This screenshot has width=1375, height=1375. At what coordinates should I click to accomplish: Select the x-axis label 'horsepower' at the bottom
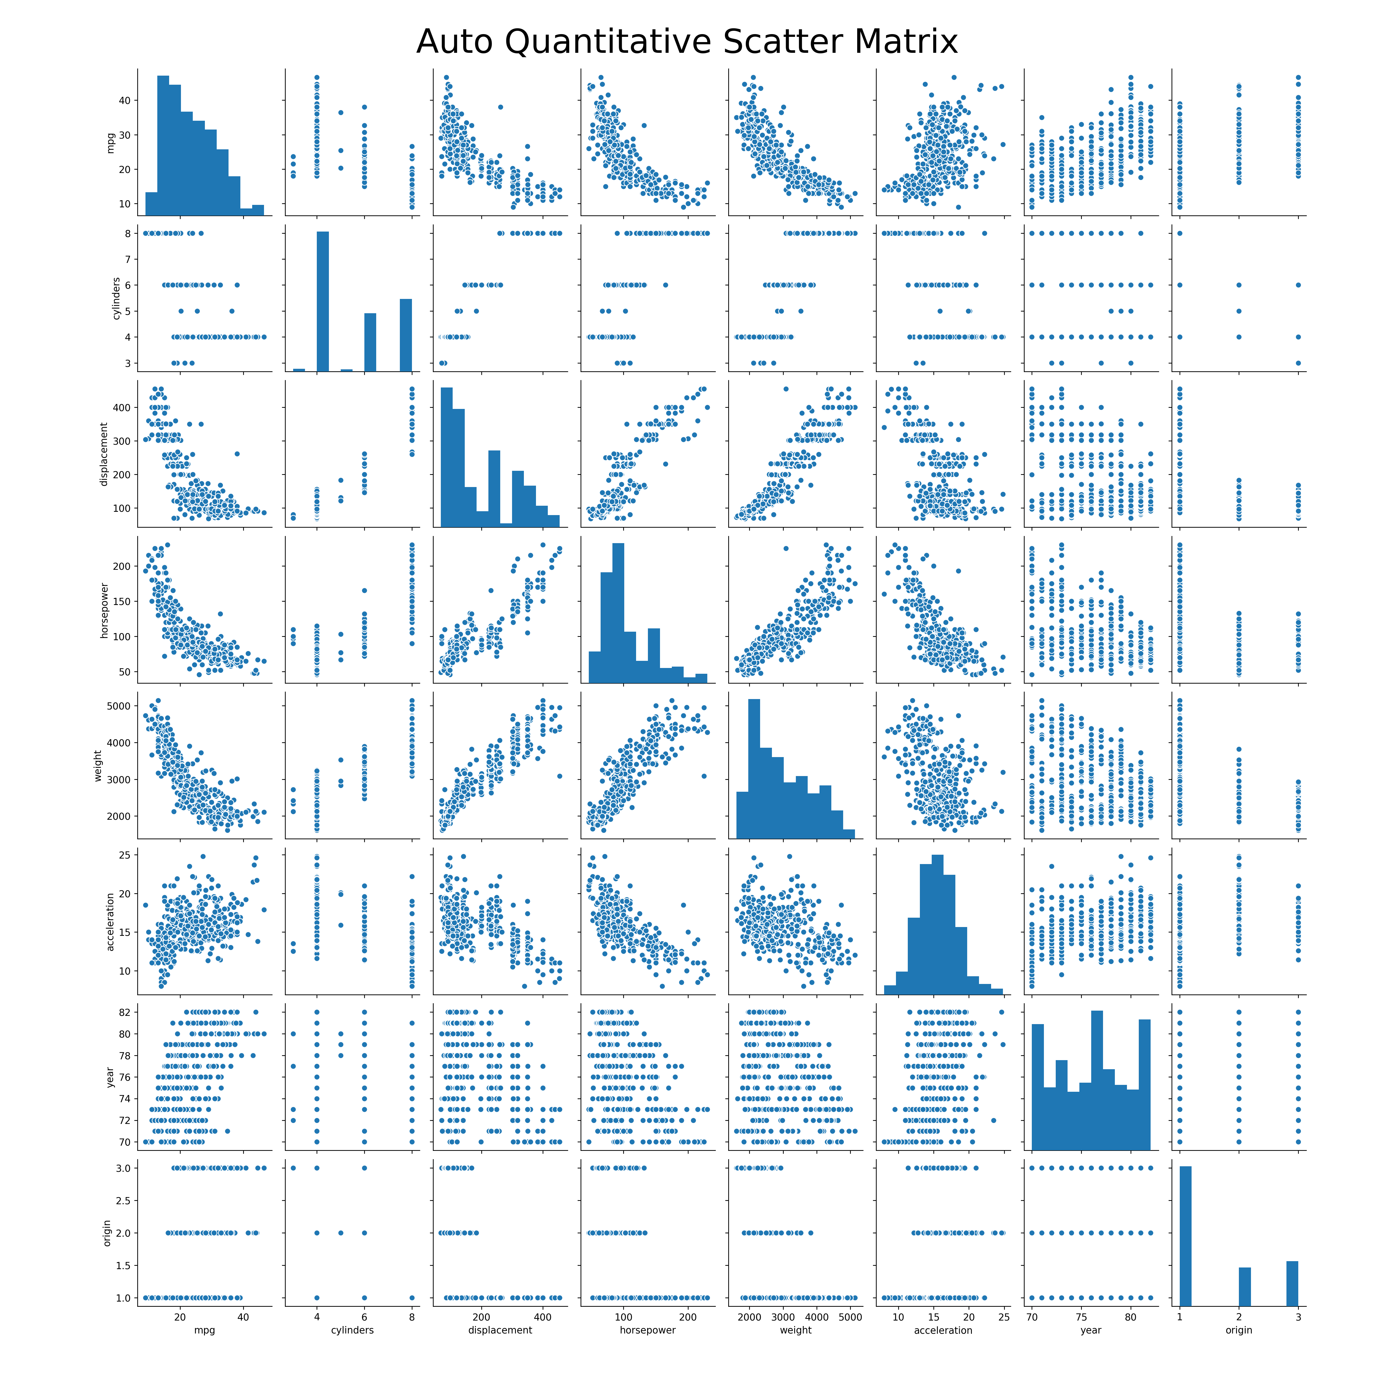pyautogui.click(x=648, y=1329)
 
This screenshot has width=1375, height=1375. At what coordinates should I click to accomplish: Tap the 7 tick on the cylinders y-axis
pyautogui.click(x=129, y=259)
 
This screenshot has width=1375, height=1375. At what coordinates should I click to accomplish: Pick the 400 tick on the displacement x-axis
pyautogui.click(x=542, y=1317)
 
